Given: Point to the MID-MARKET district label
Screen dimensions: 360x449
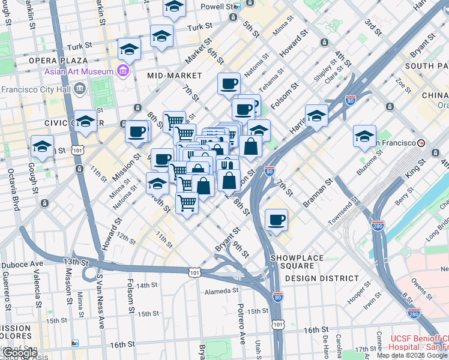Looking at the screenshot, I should pos(175,76).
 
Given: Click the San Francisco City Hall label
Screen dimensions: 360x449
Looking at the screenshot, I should pos(36,90).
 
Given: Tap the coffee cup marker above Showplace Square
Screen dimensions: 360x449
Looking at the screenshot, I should pos(276,220).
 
